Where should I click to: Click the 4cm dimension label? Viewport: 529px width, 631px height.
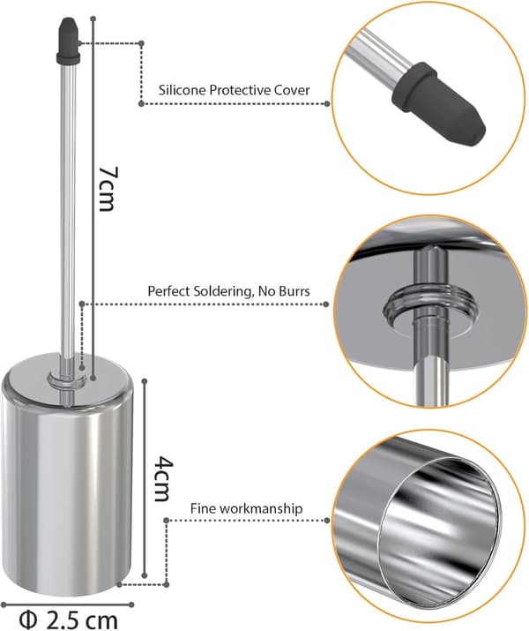click(164, 478)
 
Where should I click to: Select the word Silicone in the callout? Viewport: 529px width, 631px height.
click(183, 90)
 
